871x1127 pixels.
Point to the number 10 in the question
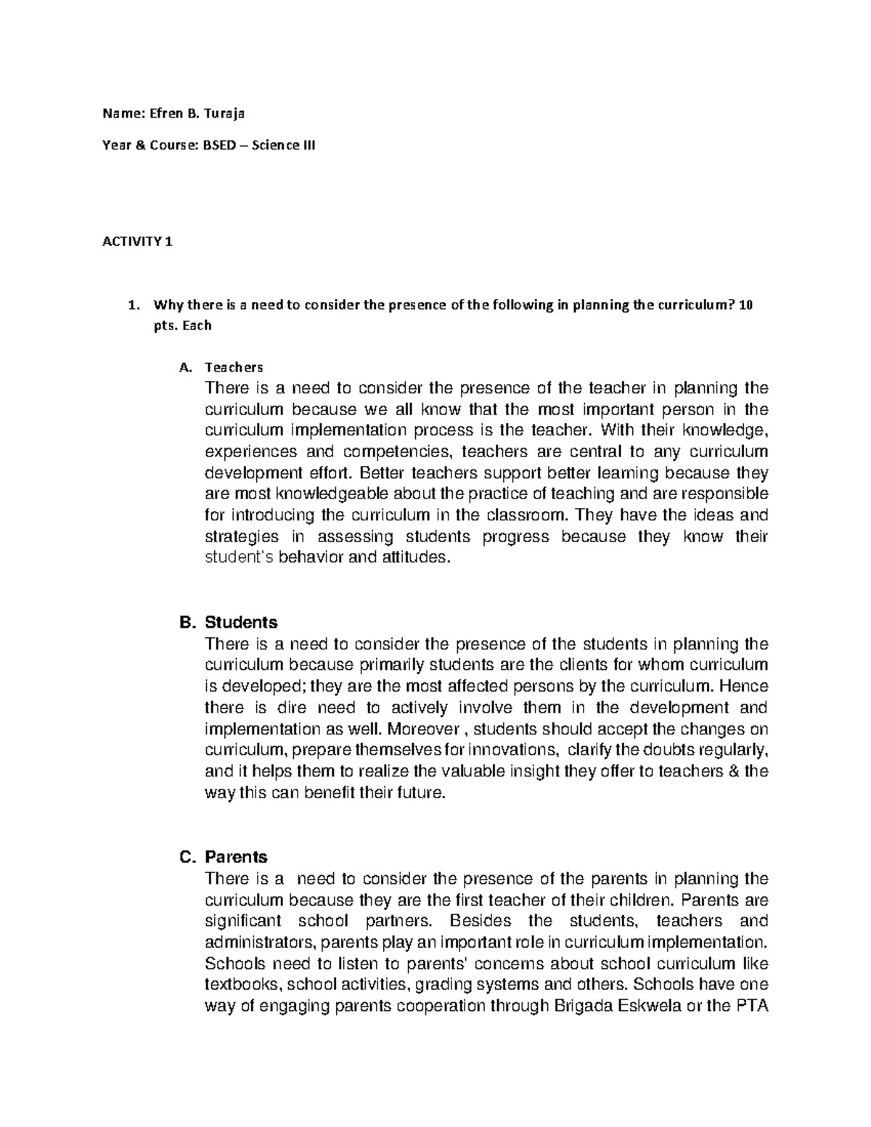tap(746, 306)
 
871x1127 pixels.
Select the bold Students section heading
tap(241, 623)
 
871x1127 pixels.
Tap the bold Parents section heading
tap(237, 857)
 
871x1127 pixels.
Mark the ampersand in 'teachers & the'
tap(733, 771)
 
